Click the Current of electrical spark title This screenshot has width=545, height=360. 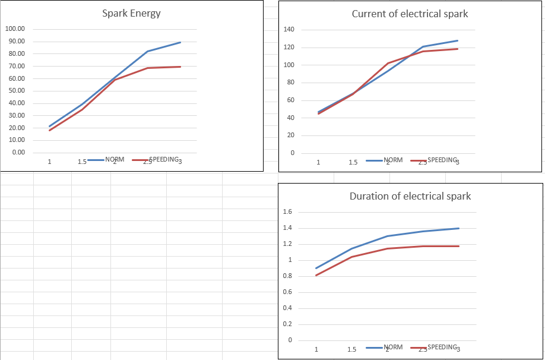point(410,14)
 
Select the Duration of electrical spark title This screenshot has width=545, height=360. point(410,196)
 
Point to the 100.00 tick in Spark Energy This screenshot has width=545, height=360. point(14,29)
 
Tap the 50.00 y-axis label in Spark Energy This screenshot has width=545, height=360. point(14,91)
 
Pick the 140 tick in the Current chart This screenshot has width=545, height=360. point(289,30)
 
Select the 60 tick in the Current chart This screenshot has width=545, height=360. point(291,100)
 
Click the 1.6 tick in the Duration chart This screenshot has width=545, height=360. point(288,212)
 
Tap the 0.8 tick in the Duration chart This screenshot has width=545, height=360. point(288,276)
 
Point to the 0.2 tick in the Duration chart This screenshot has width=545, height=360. point(288,324)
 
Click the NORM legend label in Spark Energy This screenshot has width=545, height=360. point(115,160)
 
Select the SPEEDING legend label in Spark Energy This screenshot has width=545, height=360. point(164,160)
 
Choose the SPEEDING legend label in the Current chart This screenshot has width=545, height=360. point(442,160)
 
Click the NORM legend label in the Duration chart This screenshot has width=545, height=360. point(393,347)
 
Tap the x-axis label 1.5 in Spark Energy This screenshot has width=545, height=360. point(82,162)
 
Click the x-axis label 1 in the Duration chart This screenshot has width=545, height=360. point(316,349)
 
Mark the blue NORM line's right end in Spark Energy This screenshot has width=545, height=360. point(180,42)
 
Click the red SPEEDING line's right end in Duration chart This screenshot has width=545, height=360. point(459,246)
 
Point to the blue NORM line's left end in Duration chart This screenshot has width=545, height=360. point(316,268)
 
